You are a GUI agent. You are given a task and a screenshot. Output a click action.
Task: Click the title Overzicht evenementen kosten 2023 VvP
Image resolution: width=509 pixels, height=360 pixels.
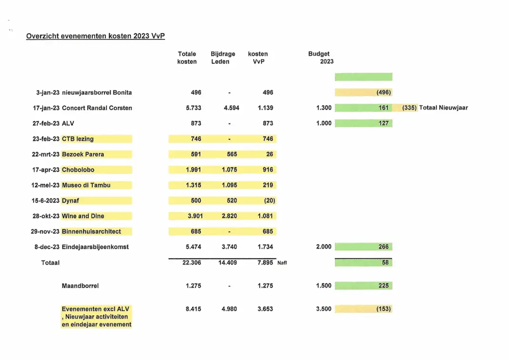pyautogui.click(x=96, y=36)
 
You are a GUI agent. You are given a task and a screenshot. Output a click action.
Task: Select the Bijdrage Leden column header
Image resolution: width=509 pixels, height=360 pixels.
pyautogui.click(x=223, y=58)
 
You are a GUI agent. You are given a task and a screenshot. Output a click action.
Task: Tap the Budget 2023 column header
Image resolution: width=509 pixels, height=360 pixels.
pyautogui.click(x=321, y=58)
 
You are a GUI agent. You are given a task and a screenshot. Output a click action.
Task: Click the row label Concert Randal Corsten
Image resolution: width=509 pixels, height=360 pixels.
pyautogui.click(x=97, y=108)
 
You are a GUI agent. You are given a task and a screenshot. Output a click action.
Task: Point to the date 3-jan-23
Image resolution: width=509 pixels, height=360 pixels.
pyautogui.click(x=48, y=93)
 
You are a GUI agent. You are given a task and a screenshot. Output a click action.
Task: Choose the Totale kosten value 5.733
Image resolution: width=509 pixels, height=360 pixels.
pyautogui.click(x=194, y=108)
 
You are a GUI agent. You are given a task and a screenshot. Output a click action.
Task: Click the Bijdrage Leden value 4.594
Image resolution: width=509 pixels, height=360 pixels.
pyautogui.click(x=232, y=108)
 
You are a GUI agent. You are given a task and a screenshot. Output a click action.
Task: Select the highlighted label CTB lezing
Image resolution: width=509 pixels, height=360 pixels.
pyautogui.click(x=78, y=139)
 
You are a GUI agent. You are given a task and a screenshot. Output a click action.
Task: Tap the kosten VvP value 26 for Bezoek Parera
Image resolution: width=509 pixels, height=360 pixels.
pyautogui.click(x=269, y=154)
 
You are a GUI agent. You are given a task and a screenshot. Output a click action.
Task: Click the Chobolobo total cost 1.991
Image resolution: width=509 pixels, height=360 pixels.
pyautogui.click(x=194, y=170)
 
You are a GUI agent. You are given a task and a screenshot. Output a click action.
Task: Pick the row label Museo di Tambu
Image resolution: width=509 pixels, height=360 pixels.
pyautogui.click(x=86, y=185)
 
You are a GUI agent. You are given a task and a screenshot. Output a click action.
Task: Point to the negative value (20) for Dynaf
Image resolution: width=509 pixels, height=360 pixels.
pyautogui.click(x=269, y=201)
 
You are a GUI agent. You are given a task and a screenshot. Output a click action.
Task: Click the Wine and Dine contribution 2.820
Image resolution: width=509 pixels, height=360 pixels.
pyautogui.click(x=229, y=216)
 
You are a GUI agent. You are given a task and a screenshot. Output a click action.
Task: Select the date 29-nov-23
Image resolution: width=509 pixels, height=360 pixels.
pyautogui.click(x=45, y=232)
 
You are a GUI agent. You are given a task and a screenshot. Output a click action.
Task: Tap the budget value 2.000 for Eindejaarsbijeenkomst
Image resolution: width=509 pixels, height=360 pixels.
pyautogui.click(x=323, y=247)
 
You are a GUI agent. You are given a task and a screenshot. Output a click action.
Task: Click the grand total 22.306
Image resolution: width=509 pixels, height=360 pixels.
pyautogui.click(x=192, y=263)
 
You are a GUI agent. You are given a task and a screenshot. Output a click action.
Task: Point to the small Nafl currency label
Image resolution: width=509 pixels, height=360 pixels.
pyautogui.click(x=282, y=263)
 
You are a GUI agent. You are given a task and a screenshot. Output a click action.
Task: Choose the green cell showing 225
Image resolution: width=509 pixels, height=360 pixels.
pyautogui.click(x=363, y=286)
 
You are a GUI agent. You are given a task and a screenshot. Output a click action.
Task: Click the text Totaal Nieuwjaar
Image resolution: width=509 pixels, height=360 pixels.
pyautogui.click(x=443, y=108)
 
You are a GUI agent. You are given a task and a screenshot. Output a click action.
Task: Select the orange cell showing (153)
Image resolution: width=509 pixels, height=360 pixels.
pyautogui.click(x=363, y=309)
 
